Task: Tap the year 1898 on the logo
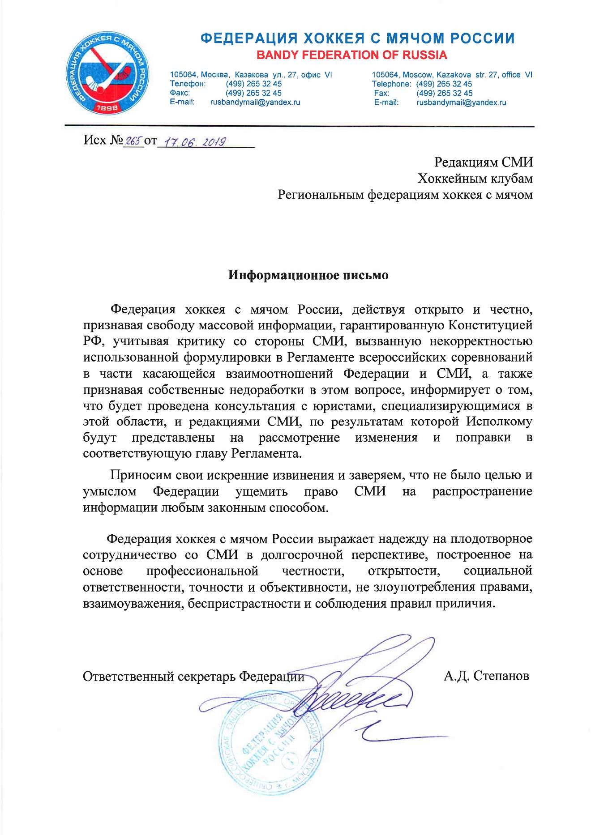point(107,108)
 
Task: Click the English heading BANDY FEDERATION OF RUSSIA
point(351,55)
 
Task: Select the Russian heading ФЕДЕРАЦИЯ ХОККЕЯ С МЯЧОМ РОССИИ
point(357,38)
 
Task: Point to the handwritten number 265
point(133,141)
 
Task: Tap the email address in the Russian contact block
point(255,102)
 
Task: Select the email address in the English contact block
point(461,102)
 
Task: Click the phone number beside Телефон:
point(253,84)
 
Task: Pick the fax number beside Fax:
point(444,93)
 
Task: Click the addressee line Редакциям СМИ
point(484,162)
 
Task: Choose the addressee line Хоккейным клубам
point(475,179)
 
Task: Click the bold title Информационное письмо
point(308,275)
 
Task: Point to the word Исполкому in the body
point(499,422)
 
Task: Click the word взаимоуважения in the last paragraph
point(132,604)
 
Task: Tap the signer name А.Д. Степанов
point(486,676)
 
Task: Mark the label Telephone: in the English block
point(391,84)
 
